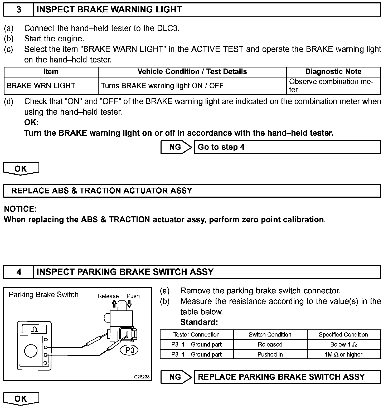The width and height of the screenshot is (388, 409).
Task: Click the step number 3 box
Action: click(x=18, y=10)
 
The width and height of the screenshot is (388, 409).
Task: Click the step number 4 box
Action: click(x=18, y=272)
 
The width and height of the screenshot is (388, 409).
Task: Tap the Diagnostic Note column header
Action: click(x=333, y=72)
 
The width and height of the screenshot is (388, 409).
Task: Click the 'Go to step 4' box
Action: click(x=287, y=147)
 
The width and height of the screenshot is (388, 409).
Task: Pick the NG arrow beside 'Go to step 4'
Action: click(x=176, y=147)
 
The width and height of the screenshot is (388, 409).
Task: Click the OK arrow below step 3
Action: click(x=21, y=169)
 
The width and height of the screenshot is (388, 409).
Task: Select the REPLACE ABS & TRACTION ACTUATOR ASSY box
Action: click(x=192, y=191)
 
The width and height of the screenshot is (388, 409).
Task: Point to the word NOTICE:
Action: click(x=20, y=209)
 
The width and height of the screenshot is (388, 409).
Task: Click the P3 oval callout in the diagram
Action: click(x=130, y=350)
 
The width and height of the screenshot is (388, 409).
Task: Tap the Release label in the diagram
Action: click(x=108, y=296)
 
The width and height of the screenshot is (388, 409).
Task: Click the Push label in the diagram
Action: click(x=133, y=296)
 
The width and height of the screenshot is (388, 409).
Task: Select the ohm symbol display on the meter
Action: click(x=34, y=329)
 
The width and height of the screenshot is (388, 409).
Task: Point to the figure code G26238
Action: click(x=142, y=377)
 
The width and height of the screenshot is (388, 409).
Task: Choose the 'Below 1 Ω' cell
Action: click(x=344, y=344)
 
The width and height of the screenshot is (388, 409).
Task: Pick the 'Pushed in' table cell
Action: click(x=270, y=354)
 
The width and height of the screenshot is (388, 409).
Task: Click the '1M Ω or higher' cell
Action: click(x=344, y=354)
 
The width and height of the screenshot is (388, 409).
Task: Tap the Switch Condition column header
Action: click(x=270, y=335)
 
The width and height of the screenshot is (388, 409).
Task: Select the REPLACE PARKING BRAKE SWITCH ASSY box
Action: click(x=287, y=377)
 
